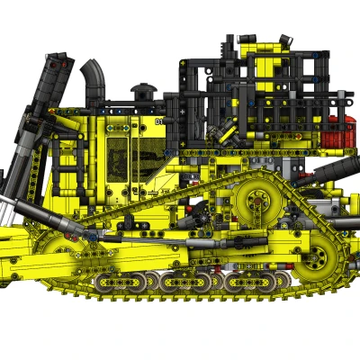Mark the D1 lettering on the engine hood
coord(159,120)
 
